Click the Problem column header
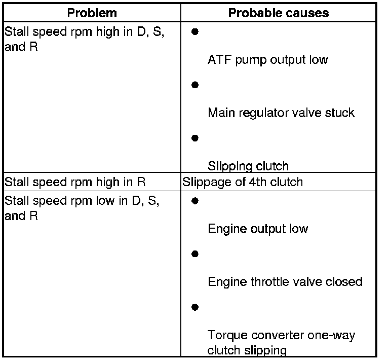pyautogui.click(x=92, y=13)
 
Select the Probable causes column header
pyautogui.click(x=279, y=13)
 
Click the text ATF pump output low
pyautogui.click(x=267, y=60)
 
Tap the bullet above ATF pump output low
pyautogui.click(x=195, y=31)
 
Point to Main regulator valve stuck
pyautogui.click(x=281, y=113)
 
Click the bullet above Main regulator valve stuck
pyautogui.click(x=195, y=85)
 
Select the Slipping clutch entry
pyautogui.click(x=248, y=166)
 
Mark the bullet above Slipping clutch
pyautogui.click(x=195, y=137)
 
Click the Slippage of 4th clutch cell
pyautogui.click(x=243, y=182)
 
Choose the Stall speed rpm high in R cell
pyautogui.click(x=75, y=182)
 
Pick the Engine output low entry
pyautogui.click(x=258, y=229)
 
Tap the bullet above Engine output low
pyautogui.click(x=195, y=201)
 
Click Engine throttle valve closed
pyautogui.click(x=285, y=281)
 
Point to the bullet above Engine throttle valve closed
pyautogui.click(x=195, y=254)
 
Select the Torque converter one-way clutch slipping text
pyautogui.click(x=281, y=342)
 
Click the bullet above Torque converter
pyautogui.click(x=195, y=307)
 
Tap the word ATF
pyautogui.click(x=218, y=60)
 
